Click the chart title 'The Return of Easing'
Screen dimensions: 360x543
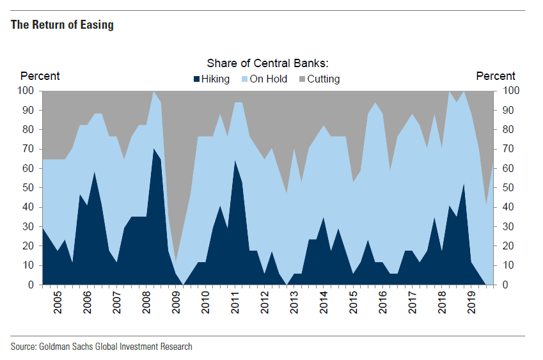62,26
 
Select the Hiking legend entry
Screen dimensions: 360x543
215,79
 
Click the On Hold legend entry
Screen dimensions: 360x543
268,79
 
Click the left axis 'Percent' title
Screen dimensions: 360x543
40,76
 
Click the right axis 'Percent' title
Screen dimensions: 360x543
496,76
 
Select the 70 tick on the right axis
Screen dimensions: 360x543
505,149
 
